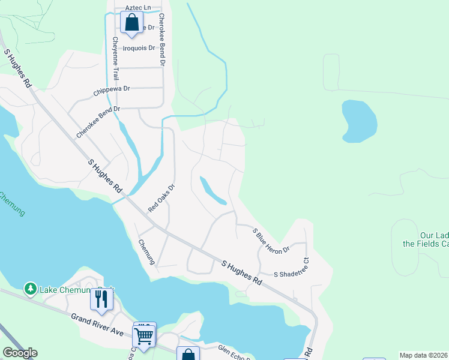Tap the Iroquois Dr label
(x=139, y=48)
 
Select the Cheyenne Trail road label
(x=115, y=59)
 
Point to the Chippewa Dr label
(x=112, y=91)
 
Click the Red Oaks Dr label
(x=161, y=197)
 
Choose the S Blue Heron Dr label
(x=271, y=240)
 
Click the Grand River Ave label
(x=97, y=325)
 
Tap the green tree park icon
(x=30, y=289)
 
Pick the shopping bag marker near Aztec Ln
(x=131, y=23)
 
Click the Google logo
(x=20, y=353)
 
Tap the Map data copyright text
(x=423, y=355)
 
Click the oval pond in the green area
(x=359, y=121)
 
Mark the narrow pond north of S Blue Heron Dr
(x=212, y=191)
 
